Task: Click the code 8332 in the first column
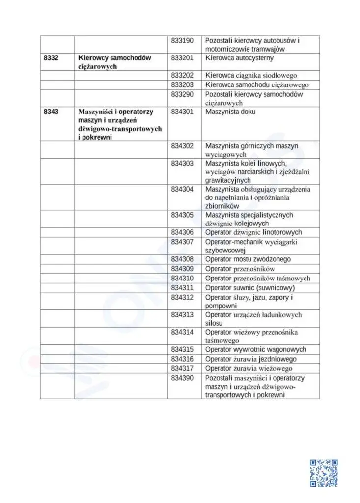point(51,58)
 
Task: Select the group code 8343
point(51,112)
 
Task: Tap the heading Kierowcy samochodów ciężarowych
point(114,62)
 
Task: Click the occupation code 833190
point(182,40)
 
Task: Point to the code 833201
point(182,58)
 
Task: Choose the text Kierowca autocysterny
point(239,58)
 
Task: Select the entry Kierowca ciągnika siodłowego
point(251,75)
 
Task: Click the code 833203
point(182,84)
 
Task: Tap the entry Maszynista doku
point(230,112)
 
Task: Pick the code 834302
point(182,146)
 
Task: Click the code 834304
point(182,189)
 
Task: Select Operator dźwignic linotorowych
point(253,232)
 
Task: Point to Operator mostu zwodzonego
point(248,259)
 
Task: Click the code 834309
point(182,269)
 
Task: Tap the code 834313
point(182,314)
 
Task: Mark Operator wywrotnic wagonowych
point(255,349)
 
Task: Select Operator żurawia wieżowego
point(249,368)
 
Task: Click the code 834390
point(182,378)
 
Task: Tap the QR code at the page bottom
point(324,473)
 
